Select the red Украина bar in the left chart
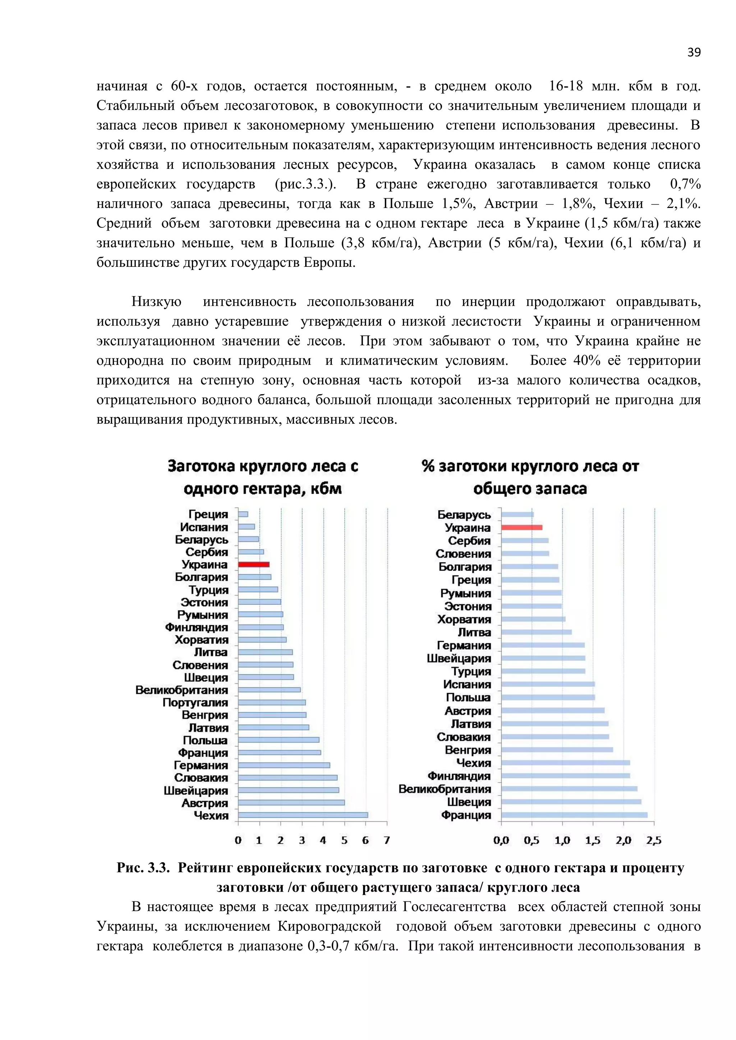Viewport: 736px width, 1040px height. pos(253,565)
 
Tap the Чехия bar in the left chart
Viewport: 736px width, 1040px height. pos(303,815)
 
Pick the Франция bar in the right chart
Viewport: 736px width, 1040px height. pos(574,815)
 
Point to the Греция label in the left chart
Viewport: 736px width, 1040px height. pos(208,514)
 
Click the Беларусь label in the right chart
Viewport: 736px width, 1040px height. pos(464,515)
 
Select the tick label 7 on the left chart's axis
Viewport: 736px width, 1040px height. pos(387,841)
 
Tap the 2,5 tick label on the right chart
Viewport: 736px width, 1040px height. pos(653,841)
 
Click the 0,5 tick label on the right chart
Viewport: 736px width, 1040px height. pos(531,841)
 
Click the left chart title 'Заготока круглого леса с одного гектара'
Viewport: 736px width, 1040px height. pos(263,477)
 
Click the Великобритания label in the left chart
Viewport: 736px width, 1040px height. pos(181,690)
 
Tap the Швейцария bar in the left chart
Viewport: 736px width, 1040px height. pos(288,790)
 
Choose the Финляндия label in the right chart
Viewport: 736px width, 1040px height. pos(459,776)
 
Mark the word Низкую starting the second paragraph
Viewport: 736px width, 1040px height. pos(156,302)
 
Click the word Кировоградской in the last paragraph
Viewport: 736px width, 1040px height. pos(330,926)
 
